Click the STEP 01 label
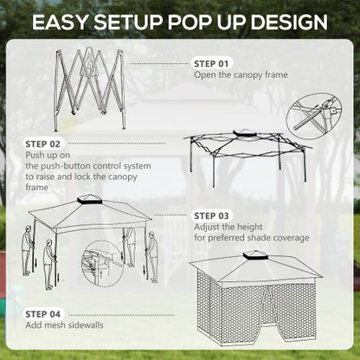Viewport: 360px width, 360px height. click(211, 63)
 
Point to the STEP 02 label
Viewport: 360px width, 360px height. click(42, 144)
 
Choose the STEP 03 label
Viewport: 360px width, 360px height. click(211, 215)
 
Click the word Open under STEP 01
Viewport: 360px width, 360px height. click(205, 75)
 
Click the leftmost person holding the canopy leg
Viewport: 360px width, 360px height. click(28, 249)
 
